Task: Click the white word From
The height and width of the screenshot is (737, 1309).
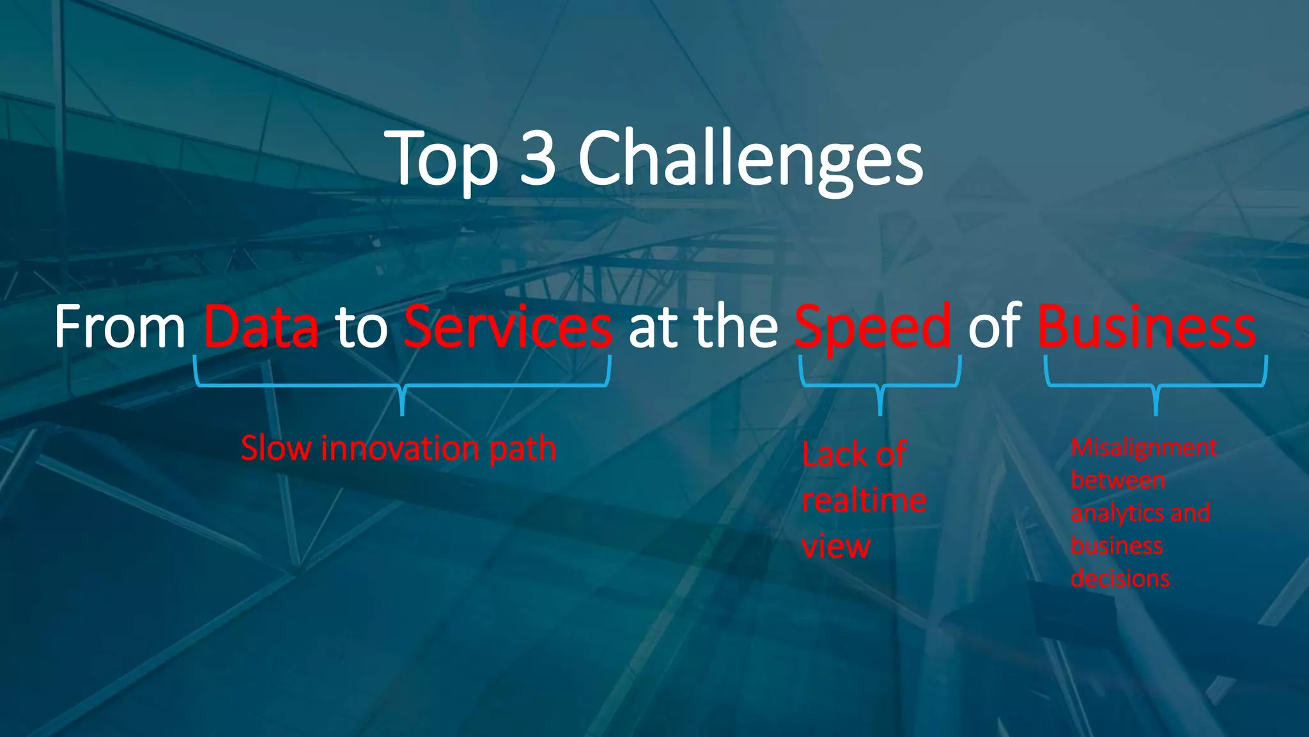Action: click(120, 327)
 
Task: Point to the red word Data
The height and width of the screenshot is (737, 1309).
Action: click(260, 327)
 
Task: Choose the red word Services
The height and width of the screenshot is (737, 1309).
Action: click(508, 327)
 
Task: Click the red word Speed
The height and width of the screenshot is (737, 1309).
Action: click(872, 328)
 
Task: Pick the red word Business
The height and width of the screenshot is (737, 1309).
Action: click(1146, 327)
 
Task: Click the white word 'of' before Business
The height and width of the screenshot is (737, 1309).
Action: click(994, 327)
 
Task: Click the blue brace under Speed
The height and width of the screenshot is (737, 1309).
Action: click(880, 386)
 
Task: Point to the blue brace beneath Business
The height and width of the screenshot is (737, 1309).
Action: click(1156, 386)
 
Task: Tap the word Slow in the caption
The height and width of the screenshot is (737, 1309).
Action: click(276, 448)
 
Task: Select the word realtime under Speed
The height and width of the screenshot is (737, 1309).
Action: click(864, 500)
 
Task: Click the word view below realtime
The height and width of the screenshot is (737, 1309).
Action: click(836, 546)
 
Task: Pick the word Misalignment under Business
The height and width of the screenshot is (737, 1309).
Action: click(1143, 447)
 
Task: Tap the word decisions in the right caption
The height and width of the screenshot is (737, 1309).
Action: click(1120, 578)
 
